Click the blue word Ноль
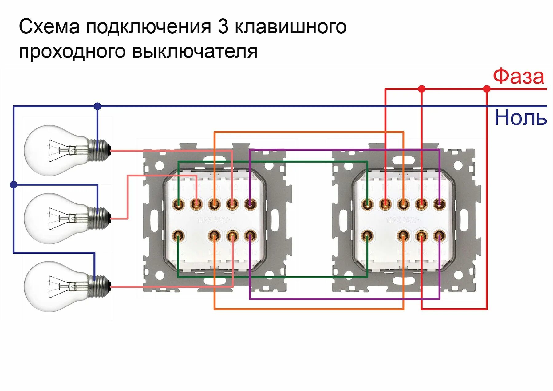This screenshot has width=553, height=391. [520, 118]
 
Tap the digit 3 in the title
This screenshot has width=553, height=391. [223, 27]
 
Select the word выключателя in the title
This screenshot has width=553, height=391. [195, 52]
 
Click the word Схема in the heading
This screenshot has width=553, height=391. [49, 27]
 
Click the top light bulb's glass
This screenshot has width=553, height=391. [52, 150]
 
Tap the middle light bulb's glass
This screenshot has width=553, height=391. [52, 218]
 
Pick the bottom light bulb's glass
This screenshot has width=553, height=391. [52, 286]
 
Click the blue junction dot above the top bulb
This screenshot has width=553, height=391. [97, 106]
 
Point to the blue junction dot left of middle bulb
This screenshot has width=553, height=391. [14, 185]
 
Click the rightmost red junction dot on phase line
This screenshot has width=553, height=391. [487, 89]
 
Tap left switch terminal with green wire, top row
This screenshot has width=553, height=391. [178, 203]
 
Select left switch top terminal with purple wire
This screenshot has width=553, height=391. [250, 203]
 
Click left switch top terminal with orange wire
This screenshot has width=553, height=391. [214, 203]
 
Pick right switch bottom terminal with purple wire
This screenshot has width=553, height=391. [439, 236]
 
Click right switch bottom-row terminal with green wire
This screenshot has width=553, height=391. [367, 236]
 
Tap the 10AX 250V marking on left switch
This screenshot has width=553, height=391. [214, 220]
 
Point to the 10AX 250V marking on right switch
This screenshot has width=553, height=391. [403, 220]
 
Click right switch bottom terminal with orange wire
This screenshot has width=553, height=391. [403, 236]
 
